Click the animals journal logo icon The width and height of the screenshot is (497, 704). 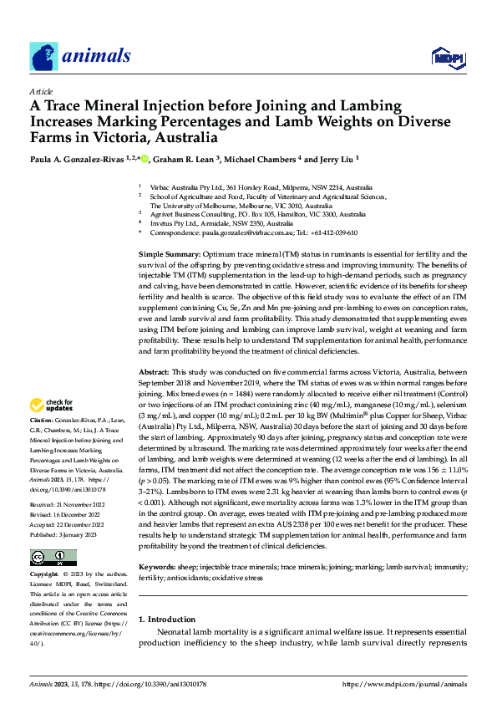click(44, 55)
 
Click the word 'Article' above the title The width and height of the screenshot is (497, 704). click(41, 91)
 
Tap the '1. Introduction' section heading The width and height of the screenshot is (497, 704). click(165, 620)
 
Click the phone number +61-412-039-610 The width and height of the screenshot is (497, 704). click(330, 232)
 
